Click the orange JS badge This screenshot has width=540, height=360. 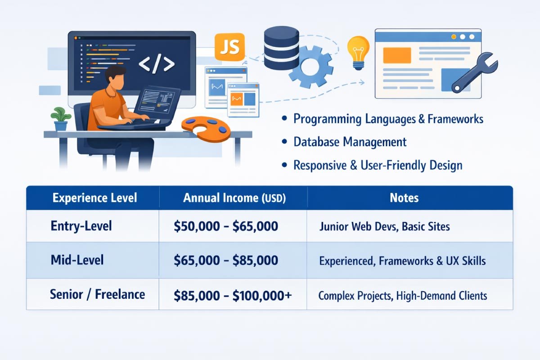[229, 46]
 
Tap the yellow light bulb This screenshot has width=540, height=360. [358, 51]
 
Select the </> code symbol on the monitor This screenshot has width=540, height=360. [156, 64]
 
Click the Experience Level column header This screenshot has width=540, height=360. [94, 198]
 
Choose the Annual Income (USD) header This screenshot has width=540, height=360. [234, 198]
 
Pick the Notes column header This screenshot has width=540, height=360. [405, 198]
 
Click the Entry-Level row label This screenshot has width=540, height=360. [81, 226]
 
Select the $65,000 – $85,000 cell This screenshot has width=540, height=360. [226, 261]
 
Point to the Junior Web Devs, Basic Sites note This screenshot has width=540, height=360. [384, 226]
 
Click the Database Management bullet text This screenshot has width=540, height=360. [350, 142]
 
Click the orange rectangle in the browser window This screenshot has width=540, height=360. [396, 55]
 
